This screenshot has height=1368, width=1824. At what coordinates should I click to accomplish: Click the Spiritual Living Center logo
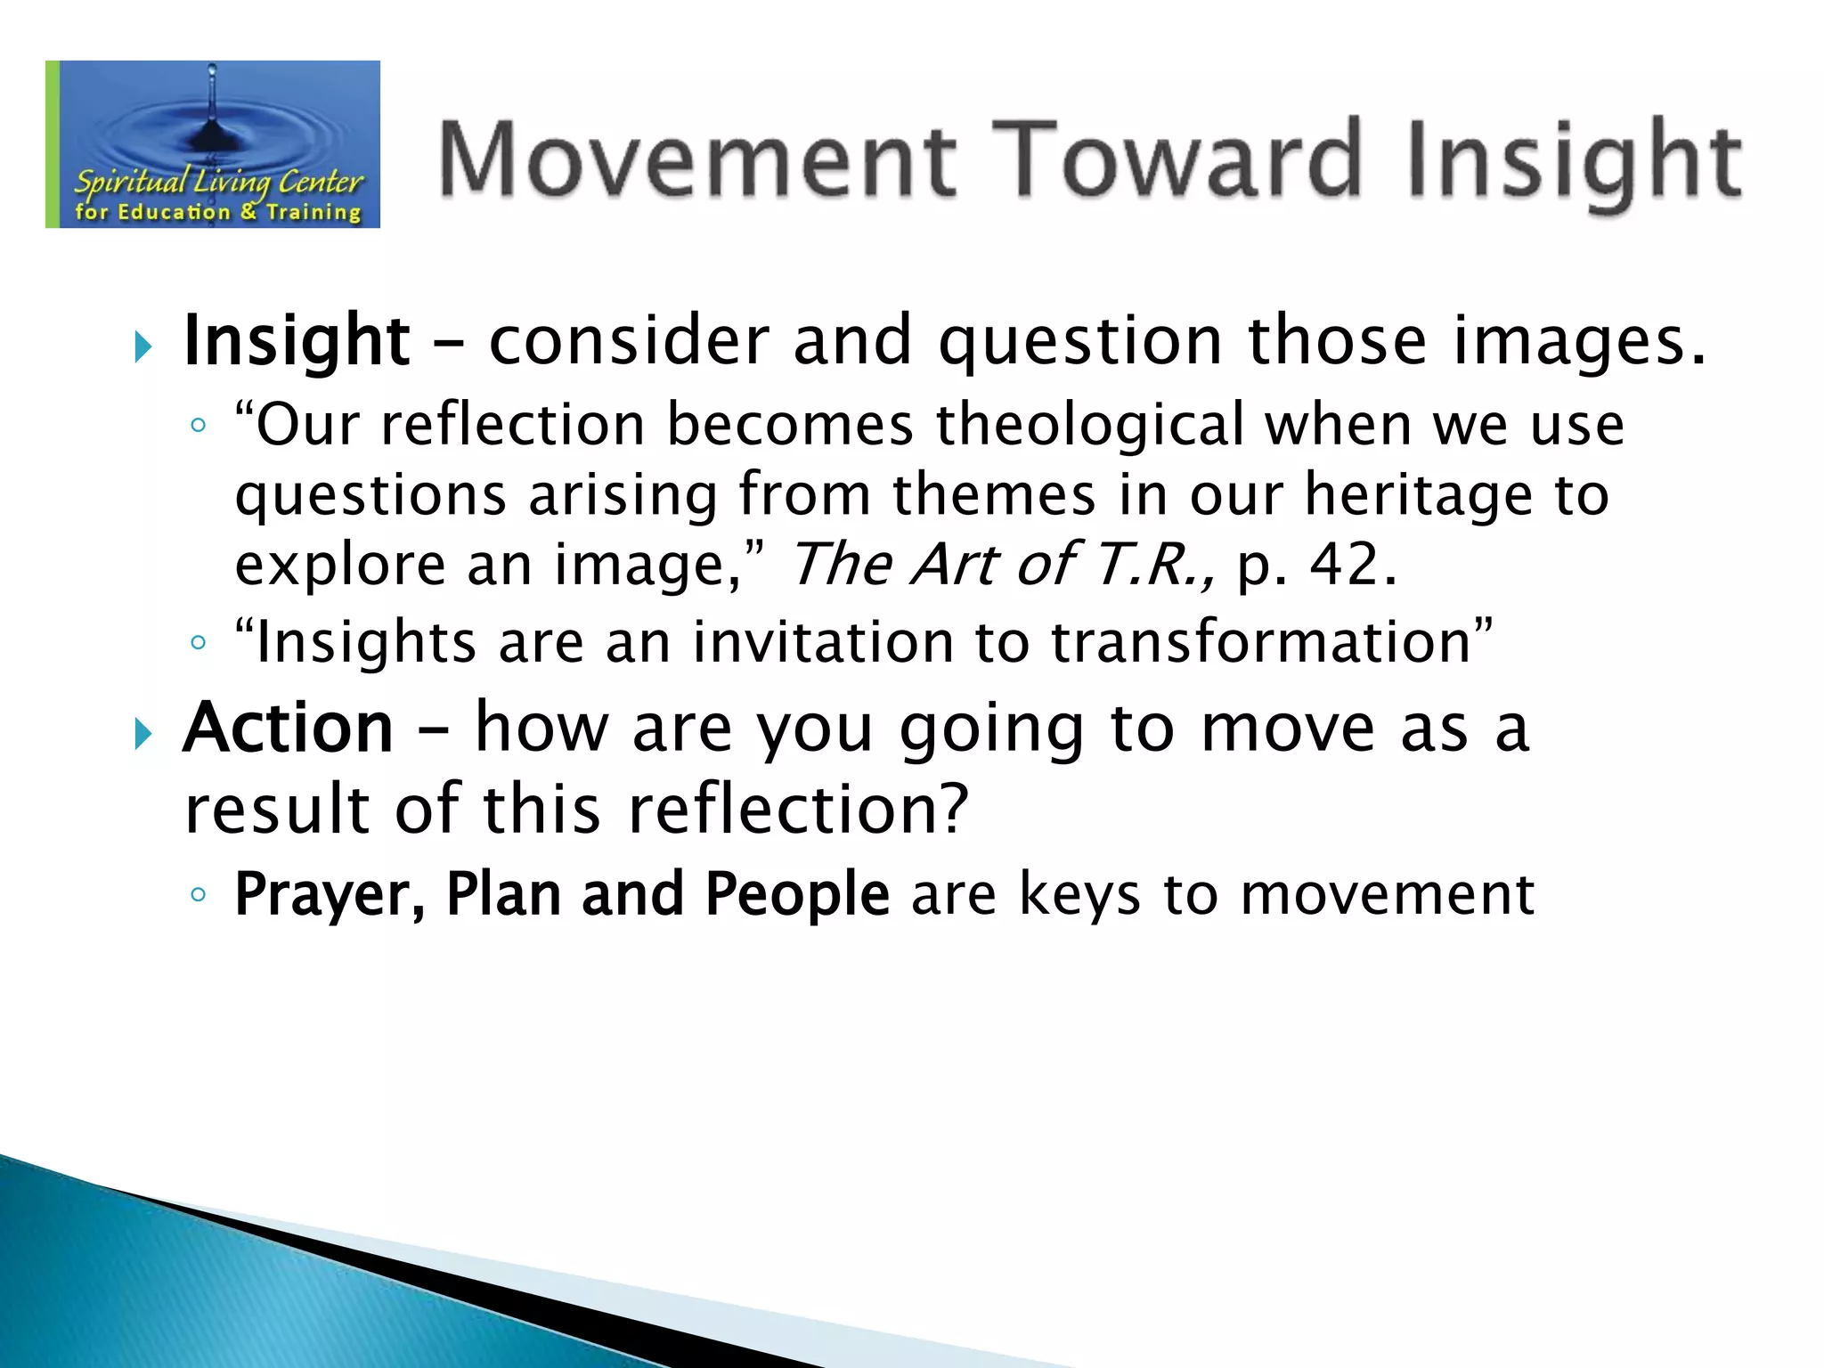click(214, 145)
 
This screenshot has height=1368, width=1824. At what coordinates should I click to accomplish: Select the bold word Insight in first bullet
click(297, 341)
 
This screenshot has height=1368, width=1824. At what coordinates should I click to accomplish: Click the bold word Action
click(288, 729)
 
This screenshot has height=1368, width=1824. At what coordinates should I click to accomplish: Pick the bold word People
click(797, 894)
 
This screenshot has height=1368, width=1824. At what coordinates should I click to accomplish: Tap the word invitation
click(824, 642)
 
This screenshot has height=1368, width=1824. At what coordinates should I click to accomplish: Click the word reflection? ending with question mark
click(798, 809)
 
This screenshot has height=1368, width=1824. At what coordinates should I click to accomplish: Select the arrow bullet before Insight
click(142, 346)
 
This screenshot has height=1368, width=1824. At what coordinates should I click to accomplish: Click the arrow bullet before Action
click(142, 734)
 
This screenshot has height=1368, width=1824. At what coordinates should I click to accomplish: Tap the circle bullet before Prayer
click(198, 895)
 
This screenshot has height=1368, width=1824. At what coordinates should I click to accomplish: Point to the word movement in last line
click(1388, 894)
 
